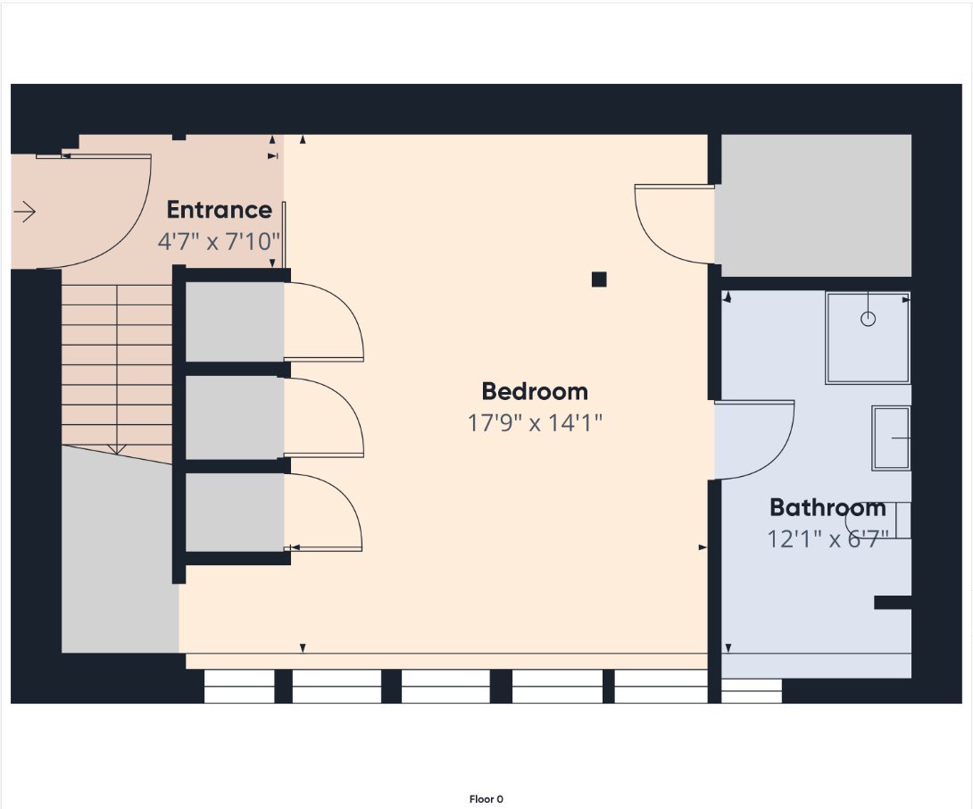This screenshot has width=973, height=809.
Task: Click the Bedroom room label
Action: [x=535, y=391]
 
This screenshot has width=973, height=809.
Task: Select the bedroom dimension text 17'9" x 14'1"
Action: [x=535, y=423]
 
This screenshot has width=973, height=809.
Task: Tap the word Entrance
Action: [x=219, y=210]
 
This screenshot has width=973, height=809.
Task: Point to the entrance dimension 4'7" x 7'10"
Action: [x=219, y=241]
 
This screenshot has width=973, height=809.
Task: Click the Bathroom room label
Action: [x=827, y=507]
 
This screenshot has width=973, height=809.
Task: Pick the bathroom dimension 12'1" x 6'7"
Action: [x=827, y=538]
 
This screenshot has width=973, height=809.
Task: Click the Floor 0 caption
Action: [x=486, y=799]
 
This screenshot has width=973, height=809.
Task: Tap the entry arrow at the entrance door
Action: [x=24, y=212]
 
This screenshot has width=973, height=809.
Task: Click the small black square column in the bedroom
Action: [x=599, y=279]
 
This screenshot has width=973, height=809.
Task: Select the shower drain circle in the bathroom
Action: [x=869, y=319]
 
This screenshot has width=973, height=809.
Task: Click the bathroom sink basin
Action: [x=891, y=438]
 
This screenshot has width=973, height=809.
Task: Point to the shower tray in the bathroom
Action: [x=868, y=338]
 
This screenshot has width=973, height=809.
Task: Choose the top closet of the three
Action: [x=235, y=321]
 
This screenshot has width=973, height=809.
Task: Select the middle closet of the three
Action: [x=235, y=417]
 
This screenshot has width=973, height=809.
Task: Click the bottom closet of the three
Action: [x=235, y=513]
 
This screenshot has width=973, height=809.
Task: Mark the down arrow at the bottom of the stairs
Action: [x=117, y=448]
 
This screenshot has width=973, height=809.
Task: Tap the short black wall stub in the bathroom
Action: [x=893, y=602]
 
